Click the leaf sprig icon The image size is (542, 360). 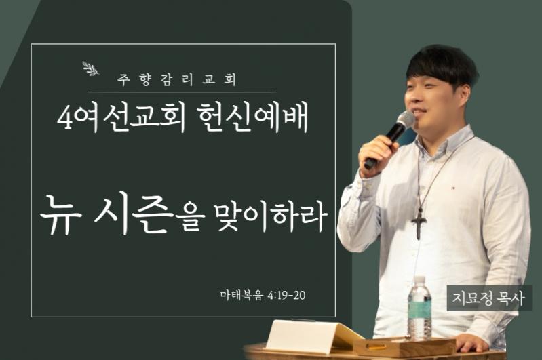click(x=91, y=68)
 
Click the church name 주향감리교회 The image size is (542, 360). click(x=177, y=79)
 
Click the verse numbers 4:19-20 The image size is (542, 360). click(x=286, y=296)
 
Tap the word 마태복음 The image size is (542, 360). click(x=241, y=296)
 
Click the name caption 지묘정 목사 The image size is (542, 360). click(x=489, y=298)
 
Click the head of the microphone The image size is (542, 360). click(x=405, y=120)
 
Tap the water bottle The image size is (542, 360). click(x=419, y=308)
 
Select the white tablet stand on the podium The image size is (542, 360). click(x=308, y=336)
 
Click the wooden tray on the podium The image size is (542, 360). click(x=405, y=346)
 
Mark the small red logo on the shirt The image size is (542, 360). click(x=454, y=188)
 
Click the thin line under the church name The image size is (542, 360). click(x=182, y=92)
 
